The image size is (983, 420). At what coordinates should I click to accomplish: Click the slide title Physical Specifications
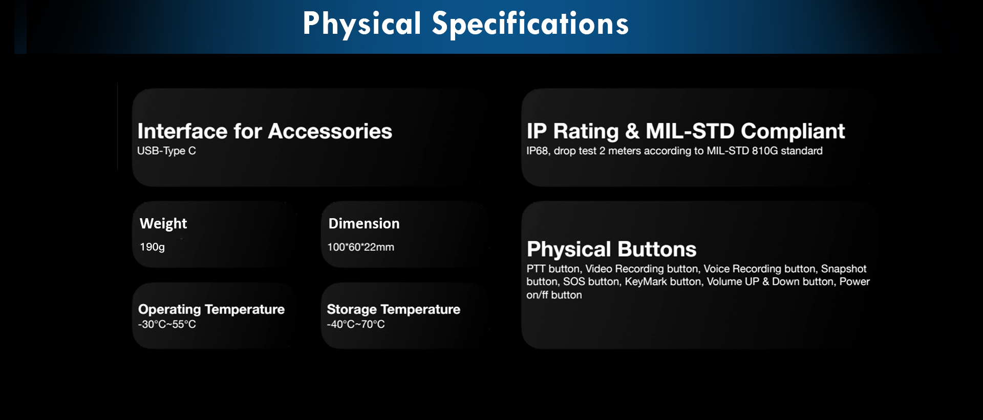tap(465, 24)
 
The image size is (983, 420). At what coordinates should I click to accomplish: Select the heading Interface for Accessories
tap(265, 131)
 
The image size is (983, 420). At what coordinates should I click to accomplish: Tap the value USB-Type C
tap(166, 151)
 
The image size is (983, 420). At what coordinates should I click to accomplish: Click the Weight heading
tap(163, 224)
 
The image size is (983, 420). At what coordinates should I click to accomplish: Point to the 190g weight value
tap(152, 247)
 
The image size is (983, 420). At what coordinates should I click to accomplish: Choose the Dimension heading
tap(364, 223)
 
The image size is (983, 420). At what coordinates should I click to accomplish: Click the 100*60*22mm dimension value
tap(360, 247)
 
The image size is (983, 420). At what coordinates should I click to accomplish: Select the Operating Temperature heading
tap(211, 309)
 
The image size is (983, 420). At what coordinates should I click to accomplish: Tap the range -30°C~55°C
tap(167, 324)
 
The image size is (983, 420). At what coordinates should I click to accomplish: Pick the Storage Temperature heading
tap(393, 309)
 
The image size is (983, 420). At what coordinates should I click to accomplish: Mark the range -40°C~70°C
tap(356, 324)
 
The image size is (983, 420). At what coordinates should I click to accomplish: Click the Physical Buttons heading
tap(611, 249)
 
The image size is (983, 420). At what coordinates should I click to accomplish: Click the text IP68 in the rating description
tap(538, 151)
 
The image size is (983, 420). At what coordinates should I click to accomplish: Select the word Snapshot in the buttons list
tap(844, 269)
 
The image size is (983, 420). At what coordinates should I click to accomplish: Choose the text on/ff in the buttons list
tap(537, 295)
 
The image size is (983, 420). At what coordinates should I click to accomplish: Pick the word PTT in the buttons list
tap(536, 269)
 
